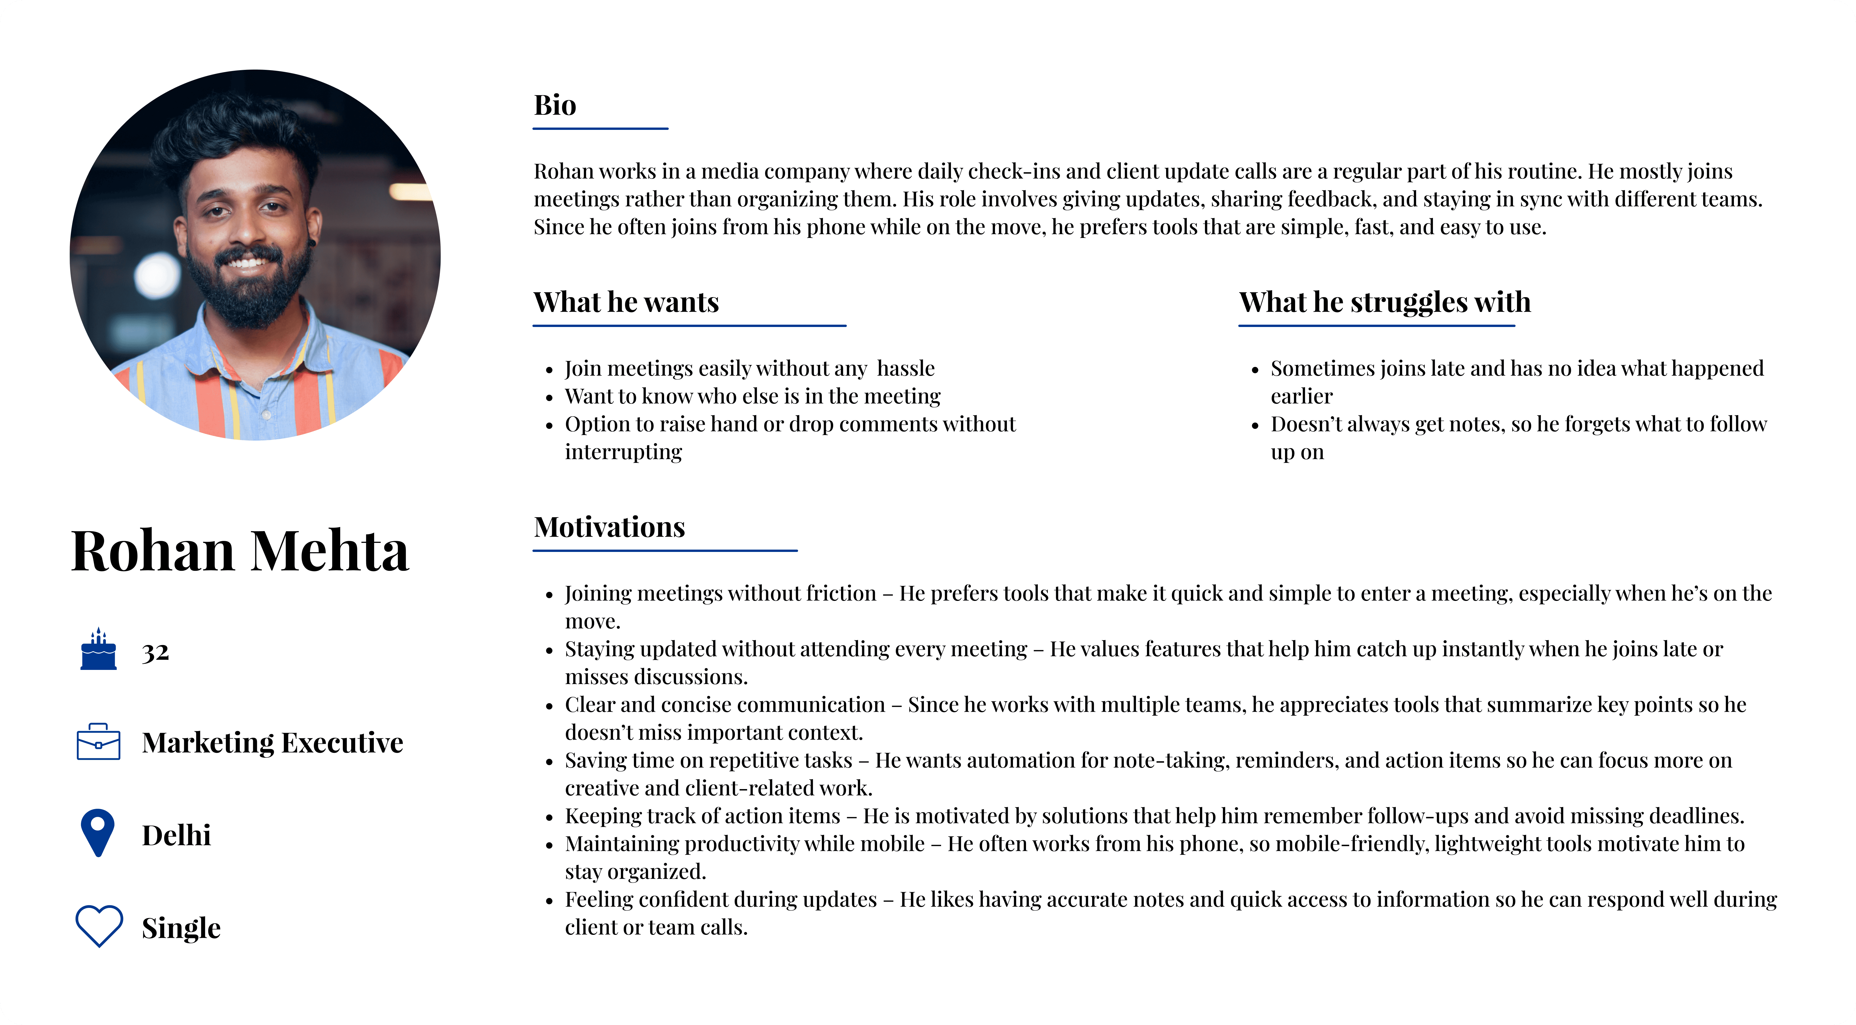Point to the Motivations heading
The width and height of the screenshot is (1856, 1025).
(609, 527)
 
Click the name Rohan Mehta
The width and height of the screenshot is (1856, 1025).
(240, 551)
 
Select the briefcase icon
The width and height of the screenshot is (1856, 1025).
(99, 742)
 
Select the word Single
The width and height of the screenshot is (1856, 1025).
(181, 928)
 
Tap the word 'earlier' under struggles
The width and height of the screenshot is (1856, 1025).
(1301, 396)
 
